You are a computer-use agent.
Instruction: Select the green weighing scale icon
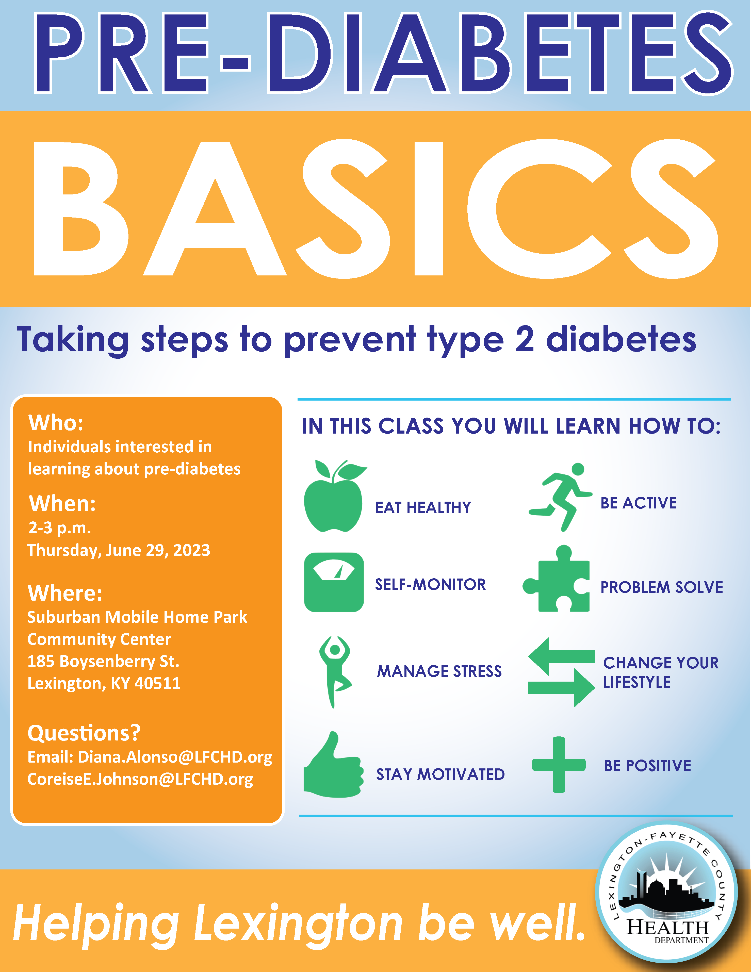334,583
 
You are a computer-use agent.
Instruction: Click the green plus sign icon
559,765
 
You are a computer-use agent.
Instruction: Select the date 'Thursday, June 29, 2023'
118,551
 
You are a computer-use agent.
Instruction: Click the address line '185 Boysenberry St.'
103,661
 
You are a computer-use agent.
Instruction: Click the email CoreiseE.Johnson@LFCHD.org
140,779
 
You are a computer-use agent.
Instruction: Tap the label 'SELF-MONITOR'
430,584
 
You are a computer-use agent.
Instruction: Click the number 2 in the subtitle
525,339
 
